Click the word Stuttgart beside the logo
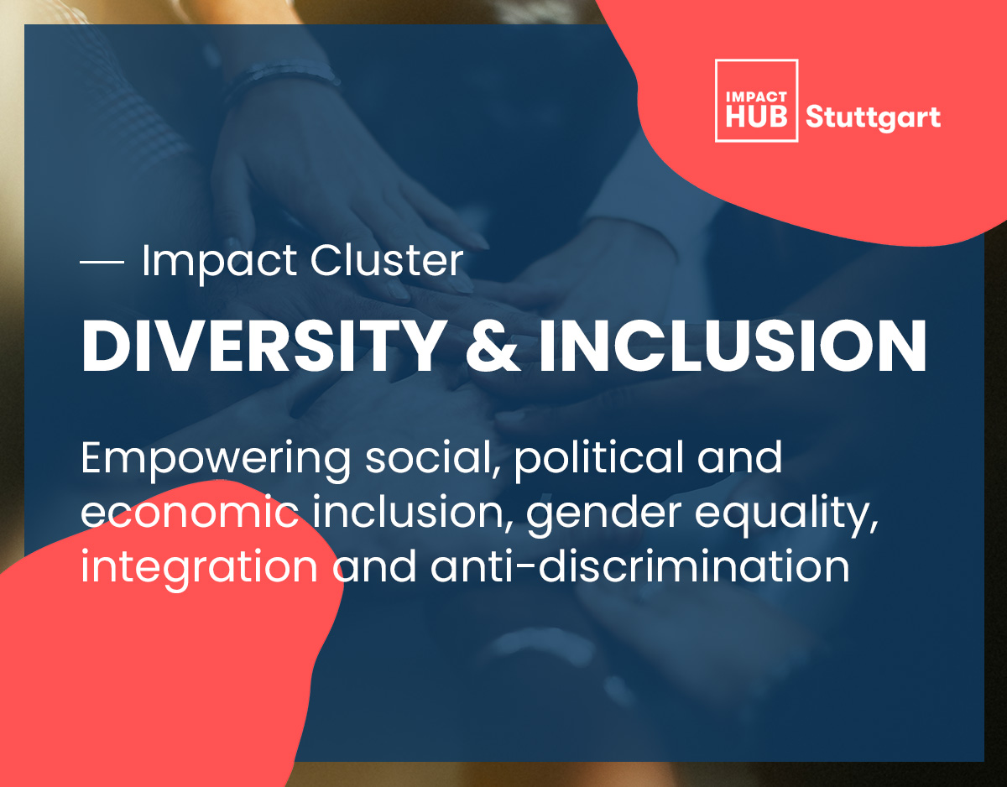(873, 117)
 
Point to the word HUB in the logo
(756, 116)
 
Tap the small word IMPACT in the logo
(756, 96)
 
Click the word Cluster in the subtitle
(387, 260)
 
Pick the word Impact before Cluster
(219, 262)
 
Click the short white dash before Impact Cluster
(102, 262)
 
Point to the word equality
(786, 514)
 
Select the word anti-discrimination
(640, 565)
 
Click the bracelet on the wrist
(283, 76)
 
